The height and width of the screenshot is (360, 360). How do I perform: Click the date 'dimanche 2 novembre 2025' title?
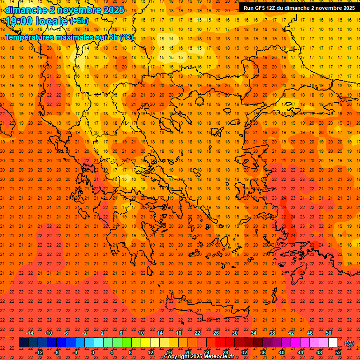click(x=65, y=9)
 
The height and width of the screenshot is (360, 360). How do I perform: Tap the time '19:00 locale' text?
click(x=37, y=21)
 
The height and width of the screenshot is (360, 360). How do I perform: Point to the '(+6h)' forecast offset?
click(x=78, y=21)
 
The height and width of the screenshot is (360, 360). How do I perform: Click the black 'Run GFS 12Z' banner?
click(x=299, y=7)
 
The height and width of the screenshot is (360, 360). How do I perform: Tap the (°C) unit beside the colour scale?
click(x=349, y=343)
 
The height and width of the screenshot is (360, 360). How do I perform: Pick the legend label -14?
click(x=30, y=333)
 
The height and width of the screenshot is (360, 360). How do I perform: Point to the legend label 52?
click(x=338, y=352)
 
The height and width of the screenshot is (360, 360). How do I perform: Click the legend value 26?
click(x=216, y=333)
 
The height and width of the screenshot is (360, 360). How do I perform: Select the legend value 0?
click(x=93, y=352)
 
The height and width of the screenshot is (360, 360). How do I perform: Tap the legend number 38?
click(x=272, y=333)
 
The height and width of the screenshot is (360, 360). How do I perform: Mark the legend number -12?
click(x=39, y=352)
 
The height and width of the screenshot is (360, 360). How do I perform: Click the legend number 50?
click(x=329, y=333)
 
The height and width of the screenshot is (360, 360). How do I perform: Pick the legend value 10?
click(x=141, y=333)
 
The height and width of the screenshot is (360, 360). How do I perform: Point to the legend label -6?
click(x=67, y=333)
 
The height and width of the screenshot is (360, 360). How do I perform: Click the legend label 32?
click(x=244, y=352)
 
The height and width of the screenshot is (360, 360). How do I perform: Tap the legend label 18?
click(x=179, y=333)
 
